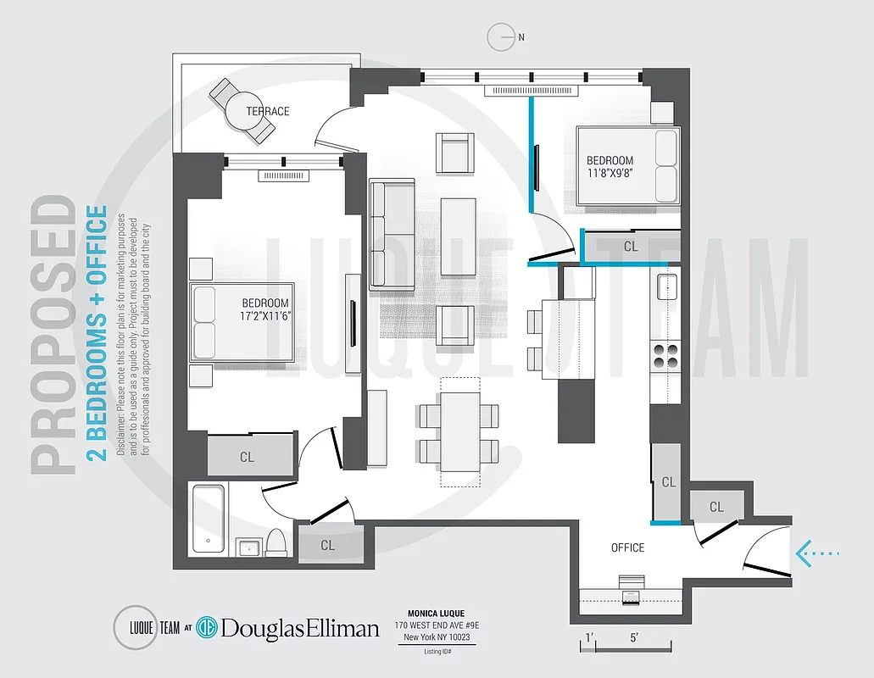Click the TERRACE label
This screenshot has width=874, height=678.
[x=268, y=111]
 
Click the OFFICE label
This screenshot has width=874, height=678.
[x=627, y=547]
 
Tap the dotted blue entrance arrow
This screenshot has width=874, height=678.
[x=818, y=553]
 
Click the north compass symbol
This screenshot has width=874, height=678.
[x=503, y=36]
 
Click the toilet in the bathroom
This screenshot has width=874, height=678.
[x=276, y=541]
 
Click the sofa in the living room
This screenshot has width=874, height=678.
[x=392, y=234]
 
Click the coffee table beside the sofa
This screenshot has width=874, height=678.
[x=459, y=226]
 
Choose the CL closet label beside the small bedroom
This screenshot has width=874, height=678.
[x=631, y=247]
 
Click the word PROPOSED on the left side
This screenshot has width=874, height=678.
[x=56, y=335]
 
